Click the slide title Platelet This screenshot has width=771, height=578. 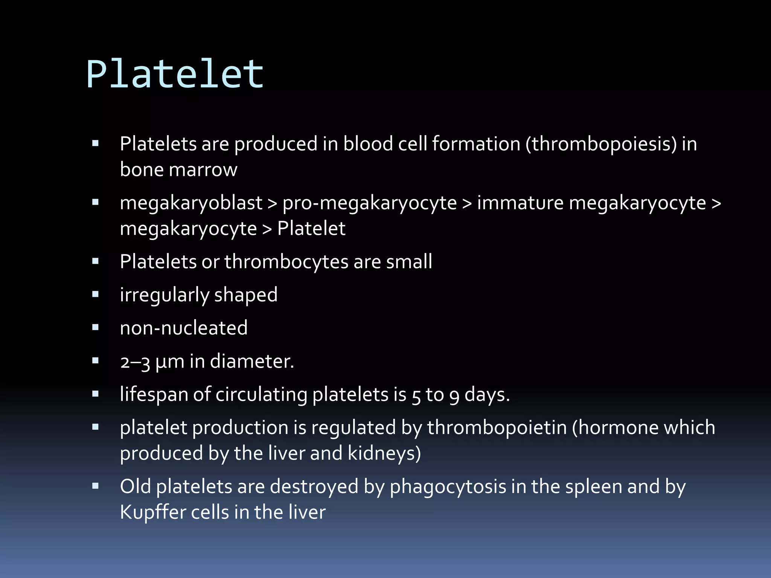(x=175, y=74)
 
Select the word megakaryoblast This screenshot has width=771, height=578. (x=191, y=203)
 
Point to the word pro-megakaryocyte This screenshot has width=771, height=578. (x=370, y=203)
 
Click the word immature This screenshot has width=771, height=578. (x=520, y=203)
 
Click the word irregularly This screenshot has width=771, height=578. (x=164, y=295)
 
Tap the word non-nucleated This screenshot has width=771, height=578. (x=183, y=328)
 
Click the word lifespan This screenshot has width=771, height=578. (x=154, y=395)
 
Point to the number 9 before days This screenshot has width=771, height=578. (x=454, y=396)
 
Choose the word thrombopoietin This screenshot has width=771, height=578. (x=497, y=428)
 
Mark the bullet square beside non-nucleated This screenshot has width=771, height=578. (x=95, y=327)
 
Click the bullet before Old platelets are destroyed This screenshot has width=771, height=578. (x=95, y=486)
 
